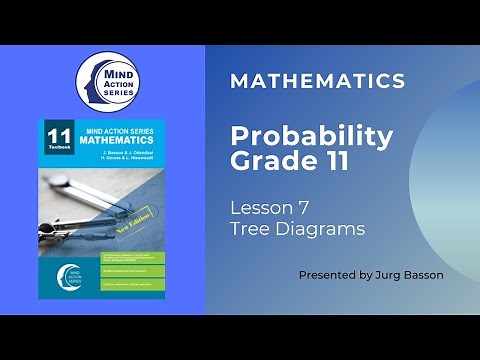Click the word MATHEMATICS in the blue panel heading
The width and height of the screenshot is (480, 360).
317,82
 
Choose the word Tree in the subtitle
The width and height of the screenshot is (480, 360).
248,229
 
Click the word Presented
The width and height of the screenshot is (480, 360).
328,274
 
